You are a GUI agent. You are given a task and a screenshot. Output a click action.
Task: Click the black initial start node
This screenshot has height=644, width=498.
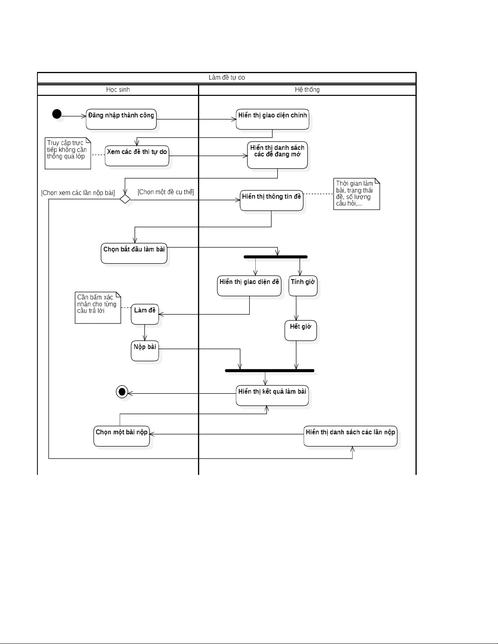coord(57,114)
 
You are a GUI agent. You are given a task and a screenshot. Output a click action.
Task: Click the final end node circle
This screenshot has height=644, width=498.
coord(122,392)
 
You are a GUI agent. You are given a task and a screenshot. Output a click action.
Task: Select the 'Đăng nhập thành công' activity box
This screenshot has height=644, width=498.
coord(121,119)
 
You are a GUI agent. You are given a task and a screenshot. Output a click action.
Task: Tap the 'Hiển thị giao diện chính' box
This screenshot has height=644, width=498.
coord(272,119)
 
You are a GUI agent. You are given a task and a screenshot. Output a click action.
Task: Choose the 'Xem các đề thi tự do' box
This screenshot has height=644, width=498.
coord(137,156)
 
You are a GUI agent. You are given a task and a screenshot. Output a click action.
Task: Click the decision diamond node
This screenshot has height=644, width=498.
coord(125,199)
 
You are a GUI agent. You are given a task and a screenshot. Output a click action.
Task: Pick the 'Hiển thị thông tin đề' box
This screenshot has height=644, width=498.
coord(272,200)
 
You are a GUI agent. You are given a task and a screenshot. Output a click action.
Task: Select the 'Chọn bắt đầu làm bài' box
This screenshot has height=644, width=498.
coord(134,253)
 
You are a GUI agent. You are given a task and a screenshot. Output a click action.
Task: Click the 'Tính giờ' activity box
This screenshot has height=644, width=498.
coord(303,286)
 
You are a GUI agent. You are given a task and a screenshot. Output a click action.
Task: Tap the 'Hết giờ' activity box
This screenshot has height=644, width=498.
coord(300,330)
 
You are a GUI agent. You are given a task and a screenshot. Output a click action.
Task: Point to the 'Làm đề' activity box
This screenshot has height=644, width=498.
coord(145,314)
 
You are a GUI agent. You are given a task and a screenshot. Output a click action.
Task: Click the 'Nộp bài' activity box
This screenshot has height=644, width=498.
coord(145,351)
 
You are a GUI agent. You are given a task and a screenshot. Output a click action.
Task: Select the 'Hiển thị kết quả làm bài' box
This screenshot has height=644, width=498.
coord(272,395)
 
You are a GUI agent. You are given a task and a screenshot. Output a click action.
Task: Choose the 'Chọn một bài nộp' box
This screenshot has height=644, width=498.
coord(122,436)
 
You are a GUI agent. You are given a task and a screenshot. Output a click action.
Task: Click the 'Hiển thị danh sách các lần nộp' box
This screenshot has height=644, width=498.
coord(350,436)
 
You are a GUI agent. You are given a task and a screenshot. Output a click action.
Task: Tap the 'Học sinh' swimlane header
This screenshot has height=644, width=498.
coord(118,90)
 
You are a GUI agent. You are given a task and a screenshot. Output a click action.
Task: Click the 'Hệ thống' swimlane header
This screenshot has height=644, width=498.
coord(307,90)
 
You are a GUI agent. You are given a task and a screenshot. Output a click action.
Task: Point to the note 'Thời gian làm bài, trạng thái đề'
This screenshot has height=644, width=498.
coord(357,194)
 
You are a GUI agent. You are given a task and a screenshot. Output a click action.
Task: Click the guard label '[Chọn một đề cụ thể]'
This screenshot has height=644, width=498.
coord(166,192)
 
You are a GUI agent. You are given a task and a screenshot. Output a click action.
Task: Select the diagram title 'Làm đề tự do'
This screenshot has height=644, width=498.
coord(226,78)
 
